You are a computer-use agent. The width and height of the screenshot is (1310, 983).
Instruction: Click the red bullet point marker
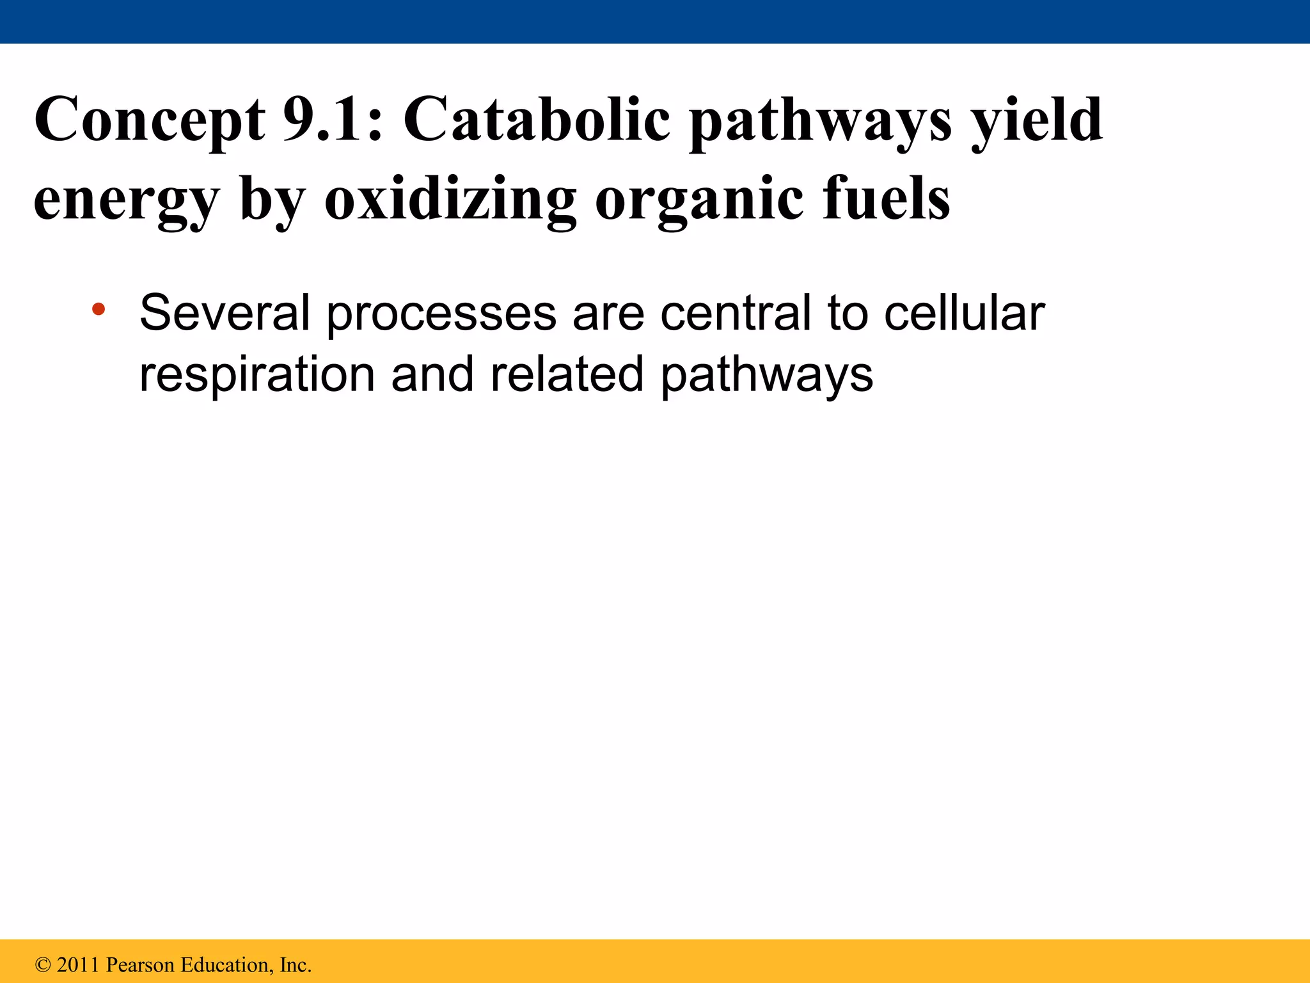(98, 310)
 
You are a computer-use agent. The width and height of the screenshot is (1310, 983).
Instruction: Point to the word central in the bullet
(736, 313)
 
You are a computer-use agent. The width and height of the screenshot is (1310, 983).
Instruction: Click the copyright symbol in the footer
(43, 965)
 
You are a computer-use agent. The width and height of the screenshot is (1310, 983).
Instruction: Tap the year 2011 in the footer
(79, 965)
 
